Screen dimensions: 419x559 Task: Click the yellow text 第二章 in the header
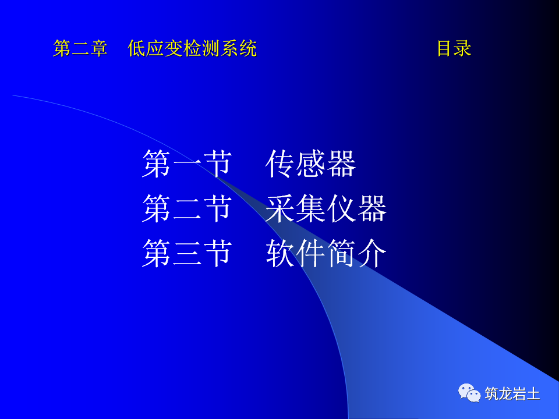80,49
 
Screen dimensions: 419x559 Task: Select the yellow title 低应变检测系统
192,49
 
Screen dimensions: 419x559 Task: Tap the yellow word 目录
454,49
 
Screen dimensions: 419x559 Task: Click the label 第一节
187,164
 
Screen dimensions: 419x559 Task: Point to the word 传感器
310,164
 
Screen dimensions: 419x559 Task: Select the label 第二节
187,209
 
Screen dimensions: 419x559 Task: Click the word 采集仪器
326,209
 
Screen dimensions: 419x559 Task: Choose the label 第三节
187,254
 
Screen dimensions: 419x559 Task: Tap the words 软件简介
326,254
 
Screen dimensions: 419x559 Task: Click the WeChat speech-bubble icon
469,393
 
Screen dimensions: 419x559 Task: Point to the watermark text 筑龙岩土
512,394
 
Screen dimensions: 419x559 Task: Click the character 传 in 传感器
280,164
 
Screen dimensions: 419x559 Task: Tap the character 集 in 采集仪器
311,209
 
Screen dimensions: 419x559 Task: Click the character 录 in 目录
463,49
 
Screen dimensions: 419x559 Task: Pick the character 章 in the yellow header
99,49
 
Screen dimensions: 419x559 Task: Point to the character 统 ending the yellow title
247,49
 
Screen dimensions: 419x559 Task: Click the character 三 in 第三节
187,254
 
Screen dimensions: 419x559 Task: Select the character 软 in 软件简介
280,254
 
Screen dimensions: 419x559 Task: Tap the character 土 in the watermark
533,394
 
